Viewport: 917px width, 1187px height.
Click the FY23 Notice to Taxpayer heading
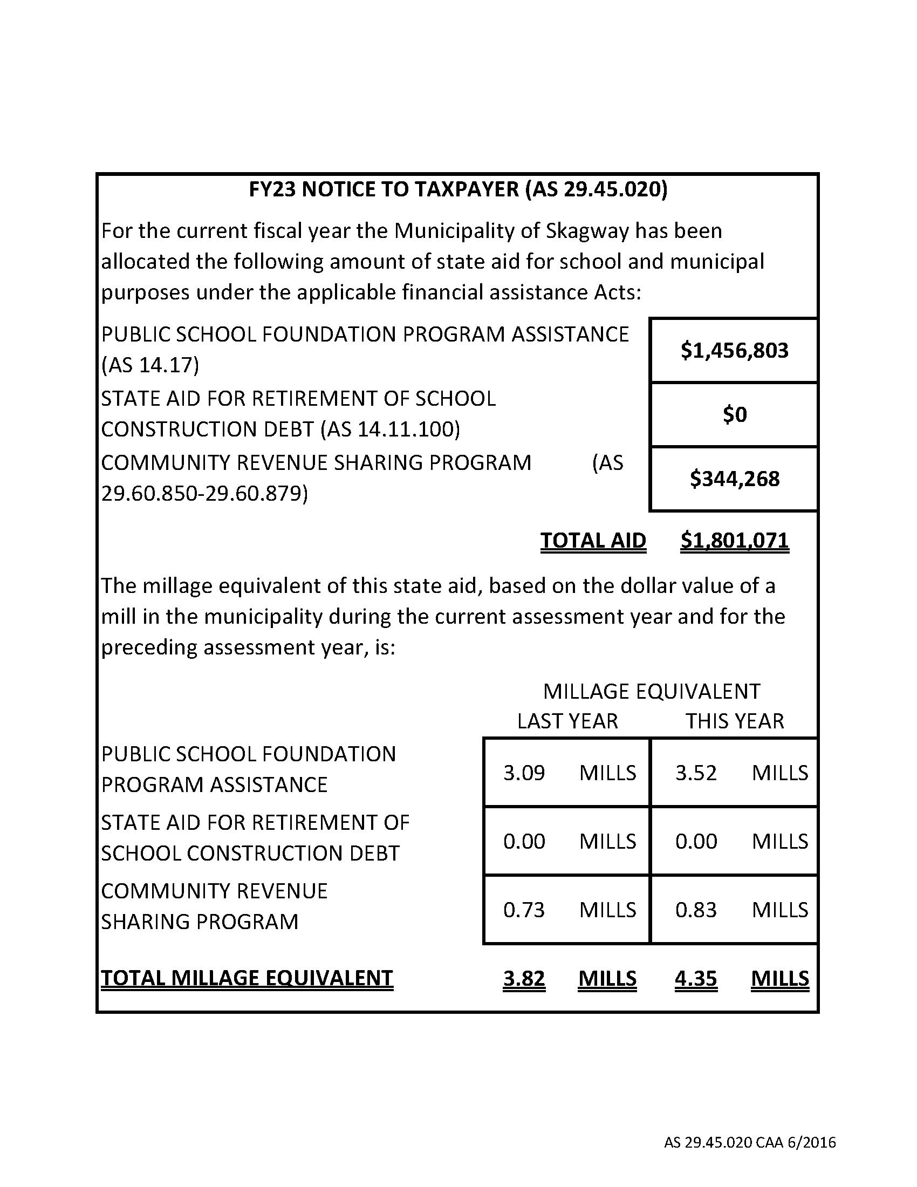click(458, 189)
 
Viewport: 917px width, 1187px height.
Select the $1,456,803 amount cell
click(734, 351)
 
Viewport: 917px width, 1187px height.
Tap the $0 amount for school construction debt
click(735, 415)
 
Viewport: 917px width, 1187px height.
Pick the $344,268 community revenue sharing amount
click(735, 479)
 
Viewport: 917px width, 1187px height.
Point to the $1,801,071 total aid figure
click(735, 540)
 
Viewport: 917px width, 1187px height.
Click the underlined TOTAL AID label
click(593, 540)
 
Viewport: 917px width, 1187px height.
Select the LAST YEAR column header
click(567, 721)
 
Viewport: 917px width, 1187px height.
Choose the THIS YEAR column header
click(735, 721)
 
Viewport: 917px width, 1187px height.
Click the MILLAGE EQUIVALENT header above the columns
click(652, 691)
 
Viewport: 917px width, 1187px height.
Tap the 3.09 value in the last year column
click(524, 773)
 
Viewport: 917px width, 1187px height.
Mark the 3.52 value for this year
click(696, 773)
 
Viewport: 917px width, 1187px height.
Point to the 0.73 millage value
click(524, 910)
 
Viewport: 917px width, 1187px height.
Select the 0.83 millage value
click(696, 910)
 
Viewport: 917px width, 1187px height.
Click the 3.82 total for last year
click(524, 978)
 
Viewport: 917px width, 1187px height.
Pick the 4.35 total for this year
click(696, 978)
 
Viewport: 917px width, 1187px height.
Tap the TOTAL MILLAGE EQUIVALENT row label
click(247, 978)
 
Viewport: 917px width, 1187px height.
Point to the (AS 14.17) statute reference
click(150, 365)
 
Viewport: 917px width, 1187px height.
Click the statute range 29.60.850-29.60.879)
click(204, 494)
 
